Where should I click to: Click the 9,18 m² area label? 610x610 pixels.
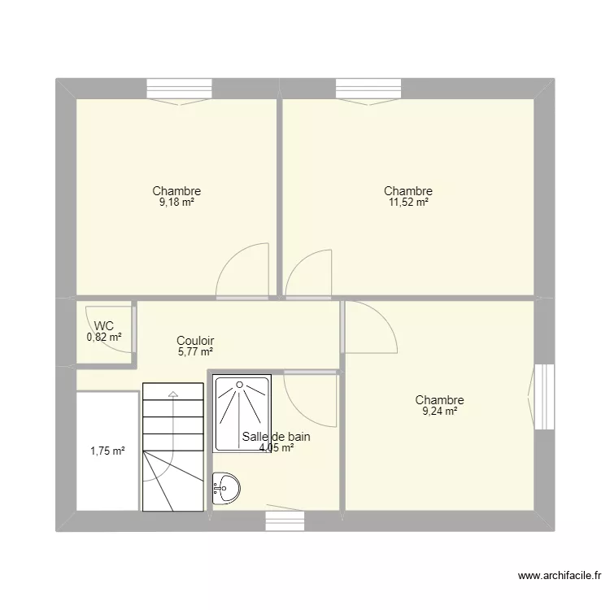(x=176, y=203)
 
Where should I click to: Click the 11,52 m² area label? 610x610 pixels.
(x=408, y=203)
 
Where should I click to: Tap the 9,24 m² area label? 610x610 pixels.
(x=439, y=412)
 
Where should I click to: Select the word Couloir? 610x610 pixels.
(x=195, y=341)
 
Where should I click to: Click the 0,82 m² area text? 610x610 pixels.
(x=104, y=337)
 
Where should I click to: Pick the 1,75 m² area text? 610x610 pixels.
(x=107, y=451)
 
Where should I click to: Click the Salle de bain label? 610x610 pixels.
(x=277, y=437)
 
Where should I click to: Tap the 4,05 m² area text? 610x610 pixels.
(x=277, y=447)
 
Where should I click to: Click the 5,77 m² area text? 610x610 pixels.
(x=195, y=352)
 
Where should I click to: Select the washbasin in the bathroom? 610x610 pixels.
(x=226, y=488)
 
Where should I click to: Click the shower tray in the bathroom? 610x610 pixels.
(x=242, y=413)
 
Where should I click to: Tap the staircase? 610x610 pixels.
(x=172, y=447)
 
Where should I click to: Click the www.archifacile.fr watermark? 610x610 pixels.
(x=559, y=577)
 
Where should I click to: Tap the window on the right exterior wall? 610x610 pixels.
(x=544, y=396)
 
